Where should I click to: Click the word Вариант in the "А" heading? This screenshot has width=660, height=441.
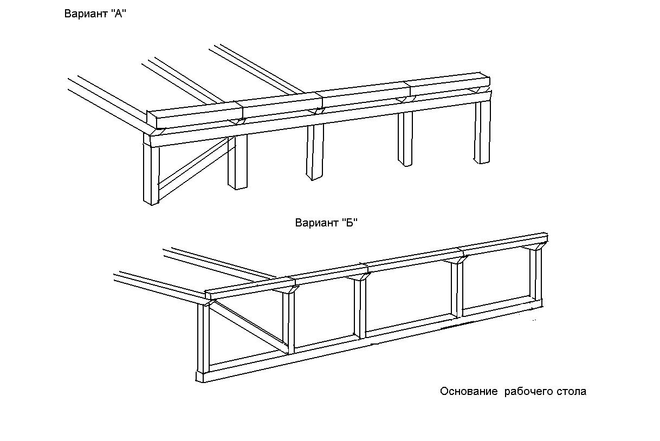[x=86, y=14]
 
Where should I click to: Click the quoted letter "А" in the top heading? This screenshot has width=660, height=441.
[x=119, y=13]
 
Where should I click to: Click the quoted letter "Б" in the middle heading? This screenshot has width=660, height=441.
[x=350, y=223]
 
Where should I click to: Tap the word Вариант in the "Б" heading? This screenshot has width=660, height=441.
[x=317, y=223]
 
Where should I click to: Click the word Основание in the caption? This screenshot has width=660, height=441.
[x=469, y=391]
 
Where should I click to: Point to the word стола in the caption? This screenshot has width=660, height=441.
[x=571, y=392]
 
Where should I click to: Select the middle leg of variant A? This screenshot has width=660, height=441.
[x=315, y=152]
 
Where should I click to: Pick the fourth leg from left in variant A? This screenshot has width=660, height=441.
[x=405, y=139]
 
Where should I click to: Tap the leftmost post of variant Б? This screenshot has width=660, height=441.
[x=203, y=342]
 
